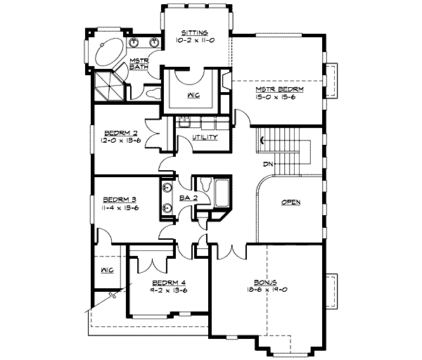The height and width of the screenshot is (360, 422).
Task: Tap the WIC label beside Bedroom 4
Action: pos(107,269)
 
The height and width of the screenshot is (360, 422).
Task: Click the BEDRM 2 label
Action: pos(117,132)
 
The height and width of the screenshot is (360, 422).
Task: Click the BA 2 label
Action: pos(186,199)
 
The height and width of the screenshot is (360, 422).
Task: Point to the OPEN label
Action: pos(290,202)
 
